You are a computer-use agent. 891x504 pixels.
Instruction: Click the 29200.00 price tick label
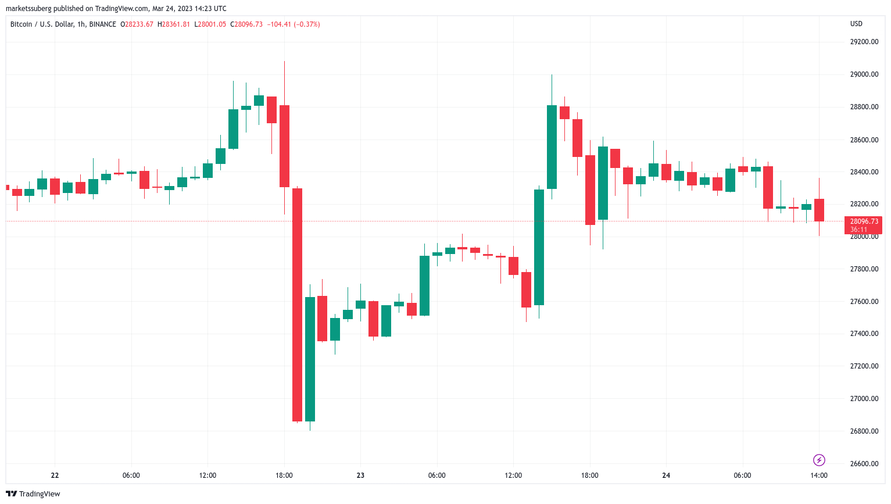(864, 42)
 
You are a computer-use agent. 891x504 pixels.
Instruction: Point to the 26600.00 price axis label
(864, 464)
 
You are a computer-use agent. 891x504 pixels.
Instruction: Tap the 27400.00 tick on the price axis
(864, 334)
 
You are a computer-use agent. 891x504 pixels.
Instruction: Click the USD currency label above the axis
(856, 24)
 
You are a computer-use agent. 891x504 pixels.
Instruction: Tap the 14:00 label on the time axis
(819, 476)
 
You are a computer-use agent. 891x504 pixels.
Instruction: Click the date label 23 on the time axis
(360, 476)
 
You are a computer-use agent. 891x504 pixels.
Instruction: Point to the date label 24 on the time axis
(666, 476)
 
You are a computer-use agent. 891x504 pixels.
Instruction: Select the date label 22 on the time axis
(55, 476)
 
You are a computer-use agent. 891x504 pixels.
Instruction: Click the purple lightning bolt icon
(819, 460)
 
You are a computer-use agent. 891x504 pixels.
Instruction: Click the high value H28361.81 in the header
(174, 24)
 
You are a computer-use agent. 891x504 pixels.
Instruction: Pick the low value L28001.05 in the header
(210, 24)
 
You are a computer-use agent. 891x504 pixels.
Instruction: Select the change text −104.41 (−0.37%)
(294, 24)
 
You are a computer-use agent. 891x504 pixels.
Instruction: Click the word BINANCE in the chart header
(103, 24)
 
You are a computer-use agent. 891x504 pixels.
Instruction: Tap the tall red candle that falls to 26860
(297, 305)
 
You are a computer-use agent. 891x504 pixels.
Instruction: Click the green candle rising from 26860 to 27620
(310, 359)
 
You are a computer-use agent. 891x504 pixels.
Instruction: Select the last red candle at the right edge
(819, 210)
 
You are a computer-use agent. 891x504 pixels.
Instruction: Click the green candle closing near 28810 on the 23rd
(552, 146)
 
